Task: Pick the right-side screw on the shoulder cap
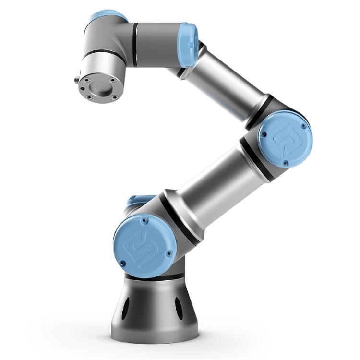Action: click(x=168, y=254)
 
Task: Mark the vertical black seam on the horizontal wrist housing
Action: click(x=136, y=45)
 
